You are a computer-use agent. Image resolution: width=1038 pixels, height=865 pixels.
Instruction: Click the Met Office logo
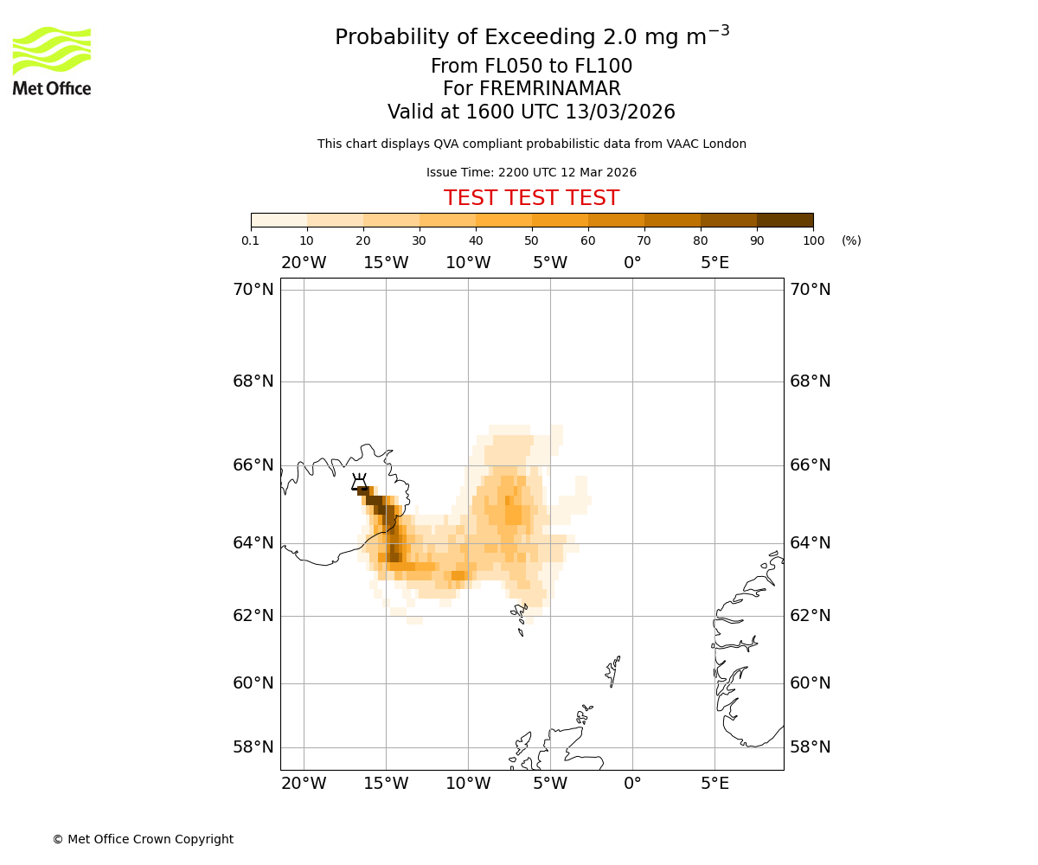point(52,61)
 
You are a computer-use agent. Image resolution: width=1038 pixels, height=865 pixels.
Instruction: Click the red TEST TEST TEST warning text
point(531,198)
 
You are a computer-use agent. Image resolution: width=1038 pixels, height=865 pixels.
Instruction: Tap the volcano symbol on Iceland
point(359,482)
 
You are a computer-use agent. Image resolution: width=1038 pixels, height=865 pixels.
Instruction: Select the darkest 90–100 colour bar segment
point(785,220)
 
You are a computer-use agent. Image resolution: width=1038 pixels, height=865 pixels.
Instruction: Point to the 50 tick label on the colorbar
point(531,240)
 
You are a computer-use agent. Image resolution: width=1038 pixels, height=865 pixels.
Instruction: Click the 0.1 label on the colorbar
point(251,240)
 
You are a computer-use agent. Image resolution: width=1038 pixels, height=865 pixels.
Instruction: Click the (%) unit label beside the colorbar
point(851,240)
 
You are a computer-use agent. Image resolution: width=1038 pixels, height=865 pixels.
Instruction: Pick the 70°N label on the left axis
point(253,290)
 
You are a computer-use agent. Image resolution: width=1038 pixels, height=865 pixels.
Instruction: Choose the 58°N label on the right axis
point(810,747)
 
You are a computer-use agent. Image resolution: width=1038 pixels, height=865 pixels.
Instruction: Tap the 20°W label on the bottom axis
point(304,784)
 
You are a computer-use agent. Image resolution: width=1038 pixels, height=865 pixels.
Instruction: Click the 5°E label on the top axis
point(714,263)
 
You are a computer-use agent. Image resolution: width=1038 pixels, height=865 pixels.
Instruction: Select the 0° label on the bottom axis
point(632,784)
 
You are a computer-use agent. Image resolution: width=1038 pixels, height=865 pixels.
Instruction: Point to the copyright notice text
point(143,839)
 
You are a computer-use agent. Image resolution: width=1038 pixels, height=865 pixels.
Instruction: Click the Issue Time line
point(531,173)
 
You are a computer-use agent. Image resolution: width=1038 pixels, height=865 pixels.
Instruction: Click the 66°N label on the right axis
point(810,465)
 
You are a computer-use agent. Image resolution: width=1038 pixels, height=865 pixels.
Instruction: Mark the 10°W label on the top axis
point(468,263)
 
